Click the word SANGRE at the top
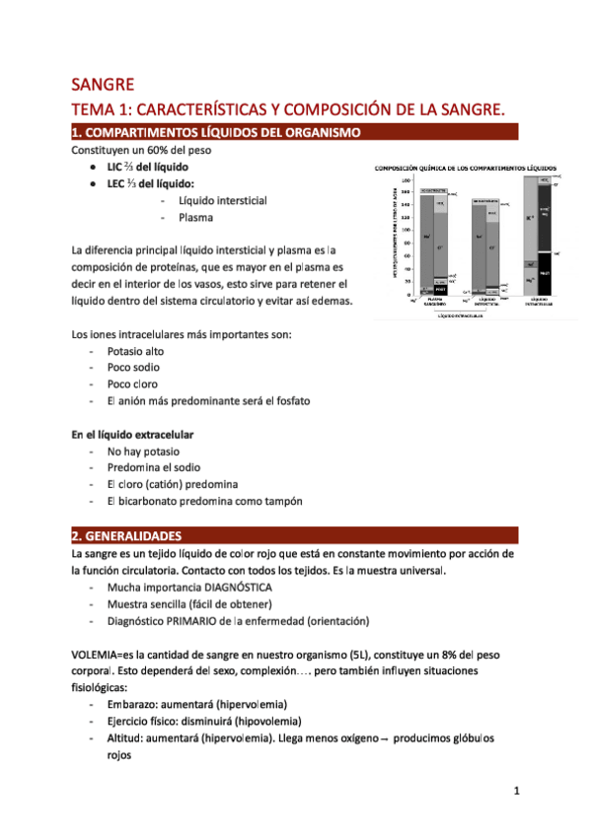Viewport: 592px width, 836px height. pyautogui.click(x=103, y=84)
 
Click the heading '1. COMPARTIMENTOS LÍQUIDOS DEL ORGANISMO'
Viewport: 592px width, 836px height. pyautogui.click(x=222, y=133)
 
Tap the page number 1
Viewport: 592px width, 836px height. pyautogui.click(x=517, y=791)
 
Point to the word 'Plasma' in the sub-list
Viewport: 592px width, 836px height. pyautogui.click(x=196, y=217)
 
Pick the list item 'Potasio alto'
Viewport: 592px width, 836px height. pyautogui.click(x=136, y=351)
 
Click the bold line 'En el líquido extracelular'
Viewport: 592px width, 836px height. pyautogui.click(x=132, y=434)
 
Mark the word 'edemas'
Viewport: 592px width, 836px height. pyautogui.click(x=328, y=301)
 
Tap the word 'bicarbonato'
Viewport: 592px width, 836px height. pyautogui.click(x=149, y=501)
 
